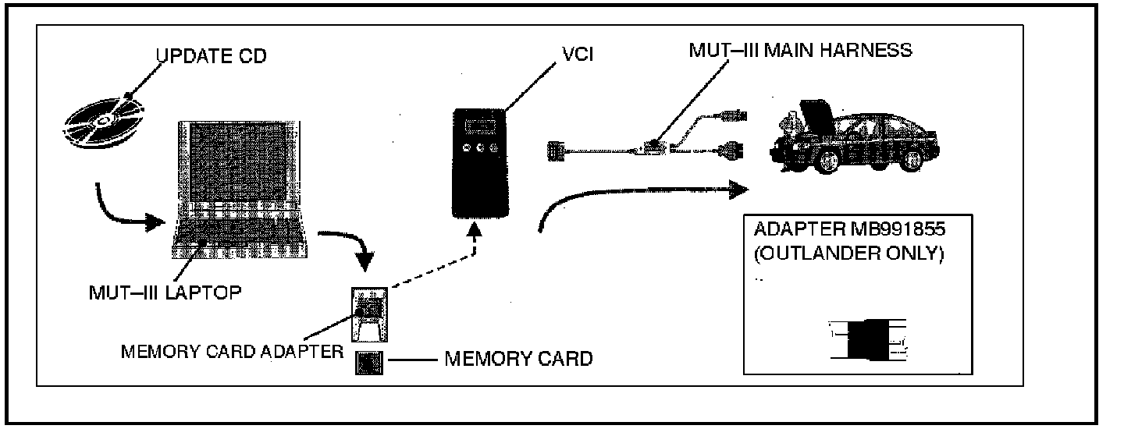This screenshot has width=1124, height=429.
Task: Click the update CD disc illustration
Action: [103, 121]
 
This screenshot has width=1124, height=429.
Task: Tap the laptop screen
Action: [239, 161]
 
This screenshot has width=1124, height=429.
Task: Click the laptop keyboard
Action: [239, 232]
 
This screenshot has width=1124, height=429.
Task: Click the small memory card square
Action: [368, 363]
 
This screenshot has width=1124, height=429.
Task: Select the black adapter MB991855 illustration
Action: [868, 340]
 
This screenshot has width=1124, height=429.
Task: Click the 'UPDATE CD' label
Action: [211, 55]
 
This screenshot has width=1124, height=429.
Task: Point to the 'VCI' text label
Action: [578, 54]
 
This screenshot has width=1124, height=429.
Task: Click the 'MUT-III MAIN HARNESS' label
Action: [800, 50]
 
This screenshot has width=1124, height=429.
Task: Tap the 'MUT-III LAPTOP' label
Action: [165, 292]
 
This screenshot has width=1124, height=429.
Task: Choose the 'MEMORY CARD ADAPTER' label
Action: [233, 351]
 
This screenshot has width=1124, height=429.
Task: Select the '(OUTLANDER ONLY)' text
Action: [848, 253]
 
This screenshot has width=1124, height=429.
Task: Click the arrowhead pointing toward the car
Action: [738, 190]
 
